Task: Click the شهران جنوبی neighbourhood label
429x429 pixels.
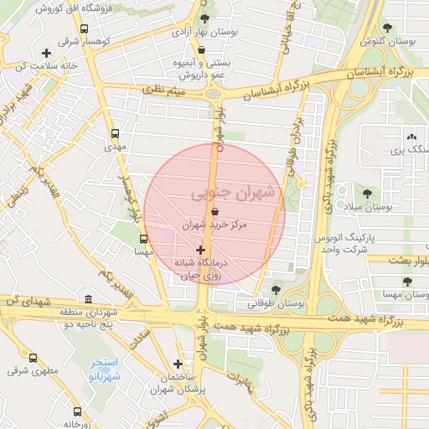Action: pos(233,193)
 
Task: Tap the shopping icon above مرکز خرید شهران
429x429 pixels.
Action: pos(216,213)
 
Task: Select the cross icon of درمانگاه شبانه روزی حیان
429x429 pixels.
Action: pos(200,250)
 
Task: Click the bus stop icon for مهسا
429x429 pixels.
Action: pos(143,239)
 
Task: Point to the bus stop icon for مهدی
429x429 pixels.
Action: pos(115,133)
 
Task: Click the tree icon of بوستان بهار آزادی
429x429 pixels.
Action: pos(206,18)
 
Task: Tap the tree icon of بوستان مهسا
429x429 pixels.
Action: pos(407,282)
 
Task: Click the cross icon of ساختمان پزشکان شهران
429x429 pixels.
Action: pos(178,364)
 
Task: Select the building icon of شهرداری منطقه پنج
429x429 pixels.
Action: pos(89,299)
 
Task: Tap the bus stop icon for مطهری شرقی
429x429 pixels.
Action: pos(33,358)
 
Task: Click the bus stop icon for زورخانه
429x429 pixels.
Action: pos(77,411)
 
